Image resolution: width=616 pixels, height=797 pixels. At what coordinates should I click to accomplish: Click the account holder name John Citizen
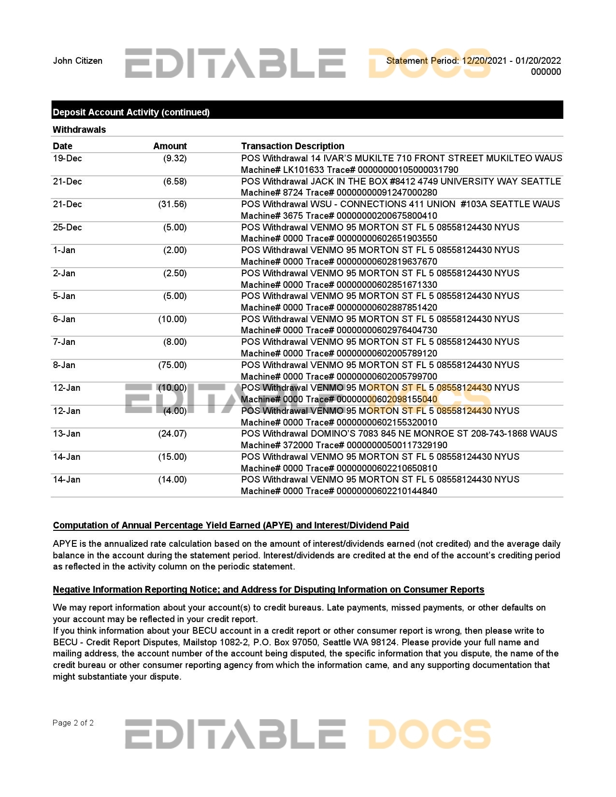[x=77, y=61]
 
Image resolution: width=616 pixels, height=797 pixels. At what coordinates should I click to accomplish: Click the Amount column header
[x=170, y=146]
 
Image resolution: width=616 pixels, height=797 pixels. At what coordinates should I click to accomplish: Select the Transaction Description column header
[x=292, y=146]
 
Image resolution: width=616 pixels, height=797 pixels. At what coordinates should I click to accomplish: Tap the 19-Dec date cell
[x=67, y=158]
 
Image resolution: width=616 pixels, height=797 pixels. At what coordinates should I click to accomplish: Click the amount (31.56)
[x=172, y=204]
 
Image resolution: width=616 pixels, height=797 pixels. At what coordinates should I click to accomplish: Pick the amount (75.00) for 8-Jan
[x=172, y=365]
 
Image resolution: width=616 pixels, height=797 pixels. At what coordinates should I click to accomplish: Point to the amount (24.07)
[x=172, y=434]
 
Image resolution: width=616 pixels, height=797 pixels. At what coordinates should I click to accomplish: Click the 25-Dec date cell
[x=67, y=228]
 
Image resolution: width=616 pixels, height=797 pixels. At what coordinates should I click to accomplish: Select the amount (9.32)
[x=174, y=158]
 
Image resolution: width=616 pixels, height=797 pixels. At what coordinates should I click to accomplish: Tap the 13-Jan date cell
[x=67, y=434]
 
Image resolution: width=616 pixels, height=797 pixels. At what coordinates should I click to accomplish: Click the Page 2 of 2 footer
[x=73, y=723]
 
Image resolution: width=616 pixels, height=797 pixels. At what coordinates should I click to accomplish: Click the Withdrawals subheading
[x=79, y=129]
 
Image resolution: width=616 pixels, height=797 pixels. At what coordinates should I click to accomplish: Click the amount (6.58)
[x=174, y=182]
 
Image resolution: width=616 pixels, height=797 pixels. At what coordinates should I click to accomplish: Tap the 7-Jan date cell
[x=64, y=342]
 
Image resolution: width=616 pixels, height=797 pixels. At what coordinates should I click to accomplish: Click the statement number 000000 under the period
[x=546, y=72]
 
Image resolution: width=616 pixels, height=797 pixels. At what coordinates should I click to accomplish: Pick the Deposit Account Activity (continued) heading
[x=131, y=112]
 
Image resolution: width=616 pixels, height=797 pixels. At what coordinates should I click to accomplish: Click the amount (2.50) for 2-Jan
[x=174, y=273]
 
